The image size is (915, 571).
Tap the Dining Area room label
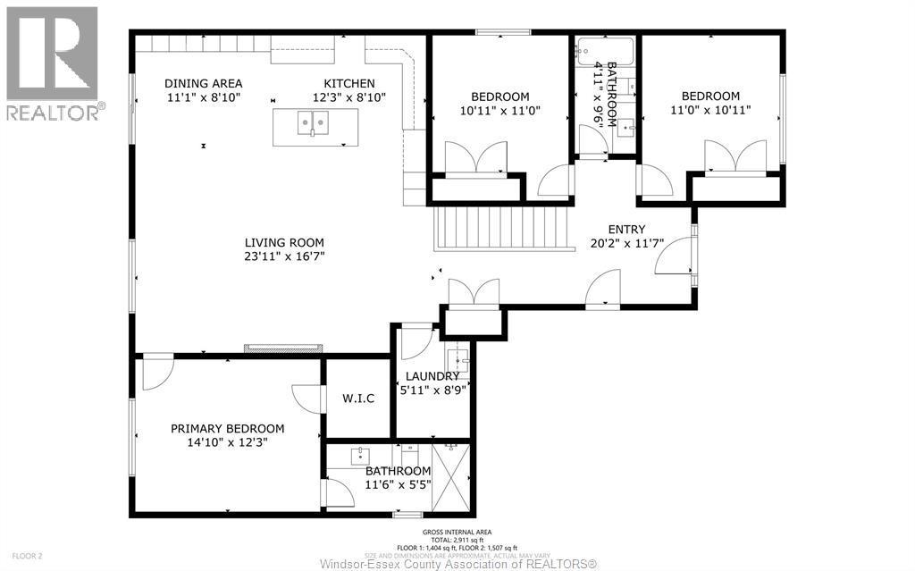[x=203, y=83]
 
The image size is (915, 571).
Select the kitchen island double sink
[x=315, y=123]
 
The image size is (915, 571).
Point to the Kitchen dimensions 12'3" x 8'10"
[x=348, y=97]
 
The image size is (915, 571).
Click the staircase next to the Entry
[x=501, y=229]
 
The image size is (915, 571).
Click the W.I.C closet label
[x=357, y=398]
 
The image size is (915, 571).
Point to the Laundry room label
[x=432, y=376]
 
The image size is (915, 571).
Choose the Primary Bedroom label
[x=227, y=428]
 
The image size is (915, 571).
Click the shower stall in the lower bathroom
[x=450, y=478]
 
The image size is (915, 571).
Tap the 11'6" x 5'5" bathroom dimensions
[x=398, y=484]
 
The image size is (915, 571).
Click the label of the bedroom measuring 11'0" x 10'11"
[x=710, y=97]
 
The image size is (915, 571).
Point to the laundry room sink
[x=457, y=362]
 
